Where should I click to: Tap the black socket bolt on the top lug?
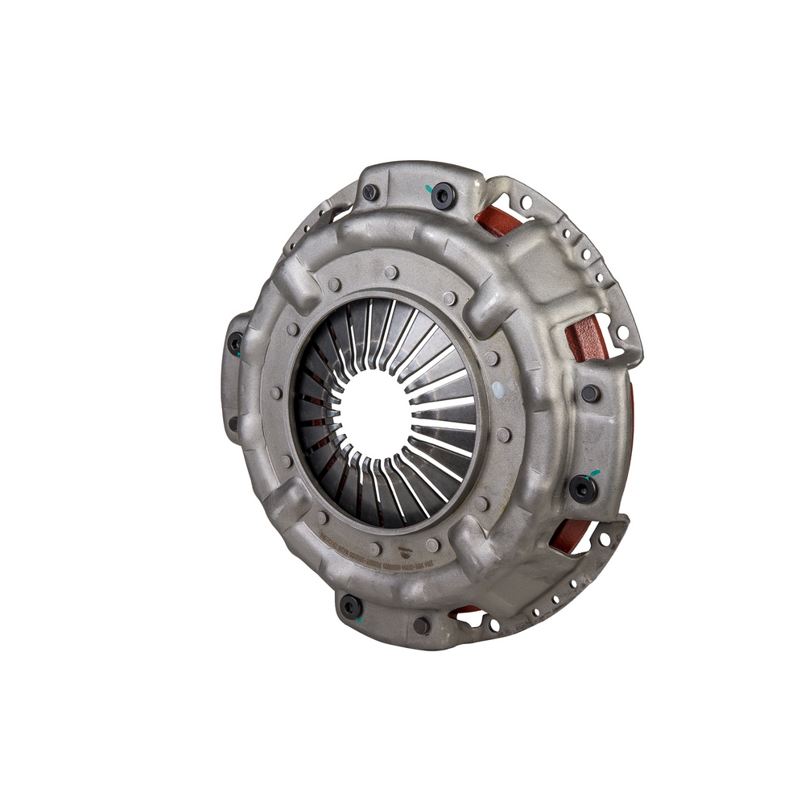coord(442,196)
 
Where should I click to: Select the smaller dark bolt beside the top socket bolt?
coord(370,192)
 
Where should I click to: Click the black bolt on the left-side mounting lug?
coord(235,344)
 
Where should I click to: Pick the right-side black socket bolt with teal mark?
coord(582,488)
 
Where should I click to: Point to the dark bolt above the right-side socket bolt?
coord(590,394)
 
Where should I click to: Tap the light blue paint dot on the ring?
coord(497,390)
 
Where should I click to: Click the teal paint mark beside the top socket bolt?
coord(427,189)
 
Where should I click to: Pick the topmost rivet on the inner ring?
coord(391,272)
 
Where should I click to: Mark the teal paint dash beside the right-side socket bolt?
coord(595,473)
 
